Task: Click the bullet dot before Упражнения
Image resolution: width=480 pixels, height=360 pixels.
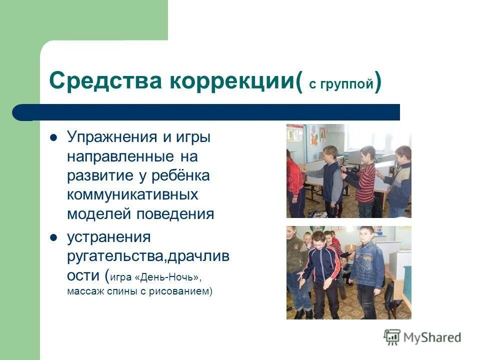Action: [54, 137]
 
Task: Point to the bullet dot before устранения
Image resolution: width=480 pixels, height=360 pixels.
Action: [54, 236]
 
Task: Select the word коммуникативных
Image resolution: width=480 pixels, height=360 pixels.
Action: [132, 195]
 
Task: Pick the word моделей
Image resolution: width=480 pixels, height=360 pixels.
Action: [98, 214]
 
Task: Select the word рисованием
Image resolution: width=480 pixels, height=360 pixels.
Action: [185, 291]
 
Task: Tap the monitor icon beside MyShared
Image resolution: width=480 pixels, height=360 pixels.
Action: [392, 336]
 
